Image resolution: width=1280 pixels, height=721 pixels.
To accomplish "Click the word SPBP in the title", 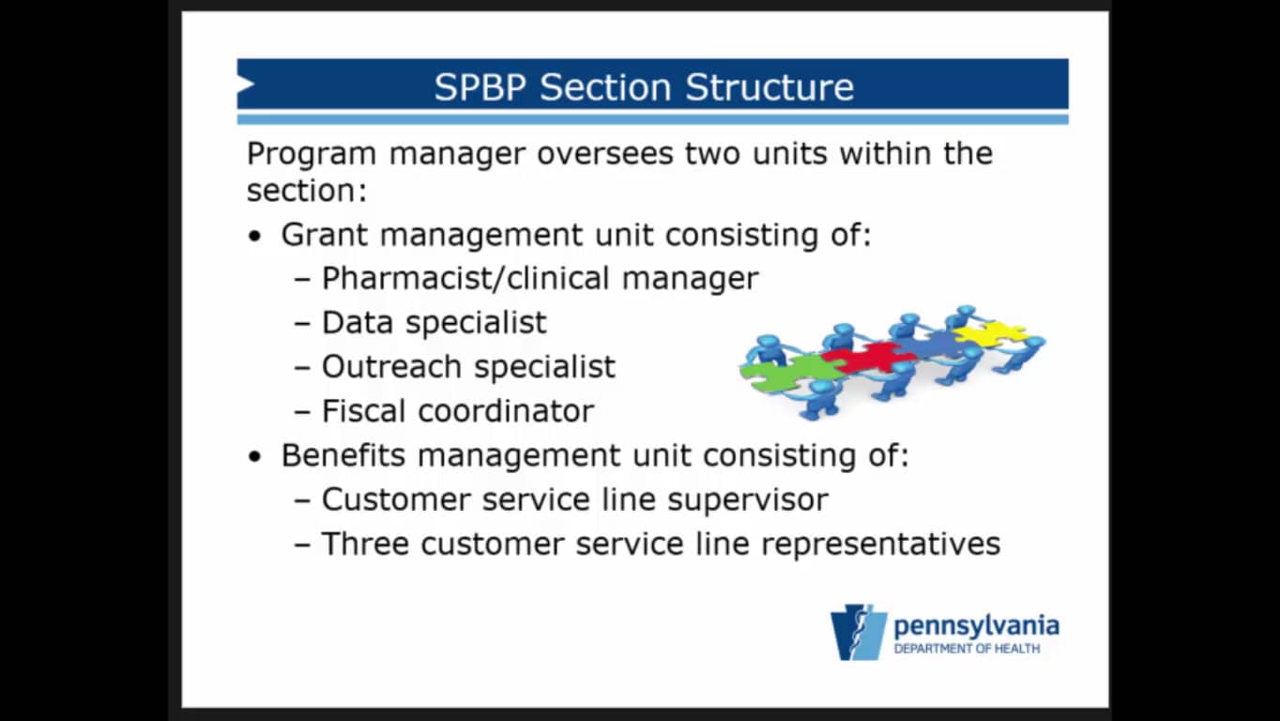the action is (x=480, y=87).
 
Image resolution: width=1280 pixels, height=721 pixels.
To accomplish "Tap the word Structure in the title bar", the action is (x=770, y=87).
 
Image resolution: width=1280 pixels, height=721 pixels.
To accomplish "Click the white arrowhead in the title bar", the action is (x=246, y=84).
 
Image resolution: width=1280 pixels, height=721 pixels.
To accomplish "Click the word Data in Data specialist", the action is (x=358, y=322).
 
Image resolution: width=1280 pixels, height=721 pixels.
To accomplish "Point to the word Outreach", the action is (x=391, y=366).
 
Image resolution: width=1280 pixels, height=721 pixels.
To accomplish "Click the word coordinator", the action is (x=507, y=410).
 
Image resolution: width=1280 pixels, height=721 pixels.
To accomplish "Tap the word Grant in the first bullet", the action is (x=324, y=235).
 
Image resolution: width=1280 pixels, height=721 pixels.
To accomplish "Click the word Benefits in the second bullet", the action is (x=343, y=455).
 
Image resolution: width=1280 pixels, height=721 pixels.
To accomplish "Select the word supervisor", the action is (x=748, y=500).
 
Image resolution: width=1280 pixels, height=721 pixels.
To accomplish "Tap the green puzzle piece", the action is (x=791, y=373).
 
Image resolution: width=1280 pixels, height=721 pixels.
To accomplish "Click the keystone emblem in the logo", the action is (x=859, y=633).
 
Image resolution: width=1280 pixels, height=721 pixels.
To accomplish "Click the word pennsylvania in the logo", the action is (x=976, y=626).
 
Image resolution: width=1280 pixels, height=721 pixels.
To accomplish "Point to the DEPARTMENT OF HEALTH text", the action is (x=967, y=649).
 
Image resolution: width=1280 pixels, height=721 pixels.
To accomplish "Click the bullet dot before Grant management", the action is (x=255, y=237).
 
